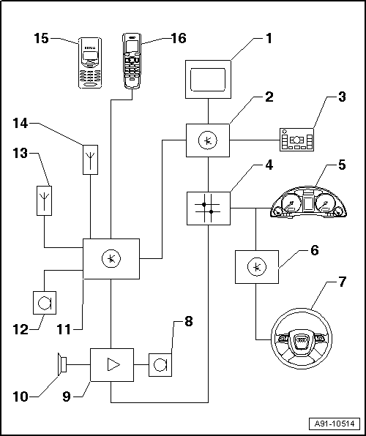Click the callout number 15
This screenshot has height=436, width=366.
pos(42,38)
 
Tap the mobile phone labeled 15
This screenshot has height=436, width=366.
pos(90,63)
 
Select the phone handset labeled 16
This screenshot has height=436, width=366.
pos(132,61)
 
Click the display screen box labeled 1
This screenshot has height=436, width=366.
pos(208,79)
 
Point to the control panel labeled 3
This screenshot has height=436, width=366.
pos(296,140)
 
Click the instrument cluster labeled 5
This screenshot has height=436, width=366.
pos(308,202)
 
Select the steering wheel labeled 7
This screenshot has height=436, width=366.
pos(302,339)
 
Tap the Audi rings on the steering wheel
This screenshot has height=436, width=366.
pos(302,340)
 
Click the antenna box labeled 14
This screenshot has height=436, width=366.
pos(91,159)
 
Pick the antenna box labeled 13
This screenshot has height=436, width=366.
pos(44,200)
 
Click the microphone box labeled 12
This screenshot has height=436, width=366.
pos(45,303)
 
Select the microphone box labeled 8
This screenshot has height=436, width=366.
pos(160,365)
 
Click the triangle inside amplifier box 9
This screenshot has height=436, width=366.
pos(113,364)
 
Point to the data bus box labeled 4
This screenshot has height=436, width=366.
pos(209,208)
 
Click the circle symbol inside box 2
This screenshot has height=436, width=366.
pos(208,140)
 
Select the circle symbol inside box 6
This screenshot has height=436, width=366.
pos(257,267)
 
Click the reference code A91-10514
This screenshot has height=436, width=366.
pos(335,424)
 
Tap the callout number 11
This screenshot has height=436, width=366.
pos(64,330)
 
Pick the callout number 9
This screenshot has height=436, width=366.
pos(67,396)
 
